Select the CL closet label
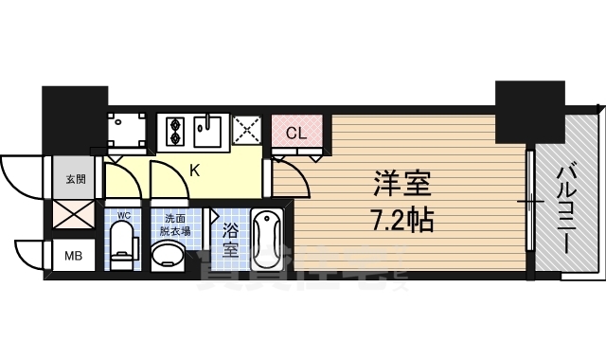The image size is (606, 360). [x=296, y=134]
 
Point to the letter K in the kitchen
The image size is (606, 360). [x=194, y=171]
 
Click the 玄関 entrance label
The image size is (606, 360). [x=76, y=178]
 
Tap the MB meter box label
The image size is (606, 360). [x=74, y=256]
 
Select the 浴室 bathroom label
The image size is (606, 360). [x=230, y=241]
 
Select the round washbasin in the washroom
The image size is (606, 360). [x=171, y=255]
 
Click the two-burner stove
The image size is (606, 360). [x=176, y=131]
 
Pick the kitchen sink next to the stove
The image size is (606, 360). [x=207, y=131]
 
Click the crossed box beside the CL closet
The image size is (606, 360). [x=248, y=131]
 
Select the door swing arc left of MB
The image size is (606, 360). [x=30, y=255]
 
